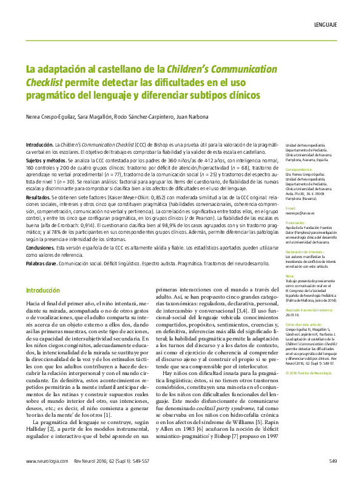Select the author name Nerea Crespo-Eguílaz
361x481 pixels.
pyautogui.click(x=50, y=116)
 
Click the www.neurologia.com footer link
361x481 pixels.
pyautogui.click(x=46, y=462)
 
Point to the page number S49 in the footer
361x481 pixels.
pyautogui.click(x=332, y=462)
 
